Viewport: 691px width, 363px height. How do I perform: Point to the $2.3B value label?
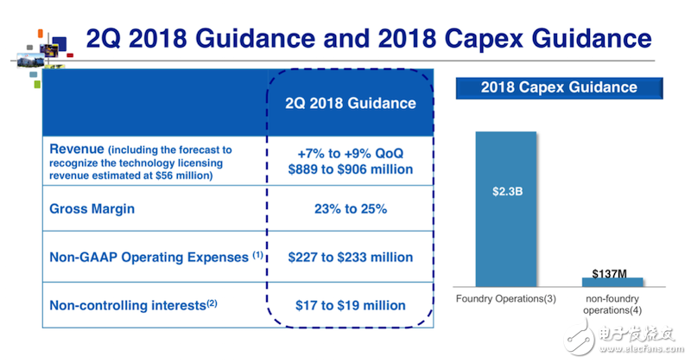pyautogui.click(x=507, y=192)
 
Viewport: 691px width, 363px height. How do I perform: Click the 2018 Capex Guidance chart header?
pyautogui.click(x=560, y=87)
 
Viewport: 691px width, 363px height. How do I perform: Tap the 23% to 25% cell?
pyautogui.click(x=351, y=207)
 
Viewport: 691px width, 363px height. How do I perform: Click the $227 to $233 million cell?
pyautogui.click(x=351, y=257)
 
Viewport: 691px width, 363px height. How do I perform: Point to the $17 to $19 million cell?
pyautogui.click(x=351, y=304)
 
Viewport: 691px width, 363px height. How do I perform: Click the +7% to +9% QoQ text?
pyautogui.click(x=351, y=152)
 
